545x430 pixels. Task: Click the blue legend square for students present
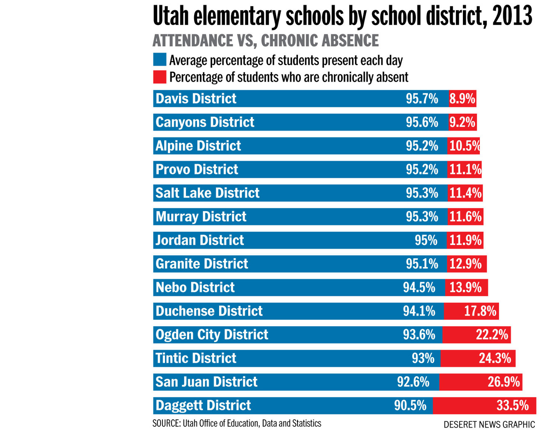tap(160, 59)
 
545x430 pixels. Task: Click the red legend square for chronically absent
tap(160, 77)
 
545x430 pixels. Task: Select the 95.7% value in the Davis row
tap(422, 99)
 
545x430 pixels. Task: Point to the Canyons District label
tap(205, 122)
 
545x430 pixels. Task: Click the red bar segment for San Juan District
tap(480, 382)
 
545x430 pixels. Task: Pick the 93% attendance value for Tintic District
tap(423, 358)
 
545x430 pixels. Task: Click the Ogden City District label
tap(212, 334)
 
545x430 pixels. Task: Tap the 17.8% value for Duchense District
tap(480, 311)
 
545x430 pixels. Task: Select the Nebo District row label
tap(195, 287)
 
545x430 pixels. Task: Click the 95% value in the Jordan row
tap(426, 240)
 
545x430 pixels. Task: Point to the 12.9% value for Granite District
tap(465, 264)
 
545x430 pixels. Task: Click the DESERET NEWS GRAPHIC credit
tap(489, 424)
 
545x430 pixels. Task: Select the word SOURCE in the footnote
tap(165, 423)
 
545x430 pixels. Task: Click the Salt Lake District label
tap(207, 193)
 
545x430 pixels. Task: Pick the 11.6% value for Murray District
tap(465, 217)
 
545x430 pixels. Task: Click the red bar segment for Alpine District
tap(463, 146)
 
